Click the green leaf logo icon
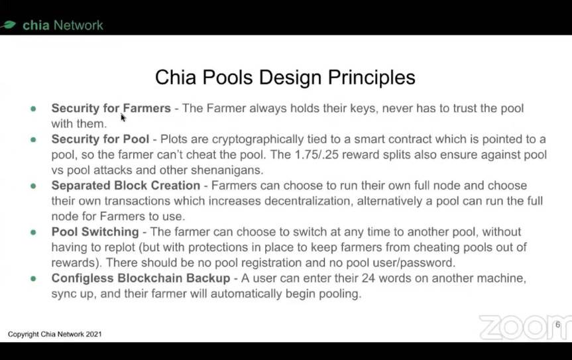pos(8,25)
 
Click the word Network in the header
pos(78,25)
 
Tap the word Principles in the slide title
pos(371,78)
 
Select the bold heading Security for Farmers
pos(111,108)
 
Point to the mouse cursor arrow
pos(123,117)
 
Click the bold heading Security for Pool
pos(100,139)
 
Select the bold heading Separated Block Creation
pos(126,185)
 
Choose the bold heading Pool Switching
pos(95,232)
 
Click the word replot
pos(120,247)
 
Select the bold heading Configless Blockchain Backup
pos(141,278)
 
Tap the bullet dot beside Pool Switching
pos(34,232)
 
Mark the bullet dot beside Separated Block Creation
pos(34,186)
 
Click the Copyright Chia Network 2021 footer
pos(55,334)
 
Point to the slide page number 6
pos(557,325)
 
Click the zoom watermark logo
pos(526,327)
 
